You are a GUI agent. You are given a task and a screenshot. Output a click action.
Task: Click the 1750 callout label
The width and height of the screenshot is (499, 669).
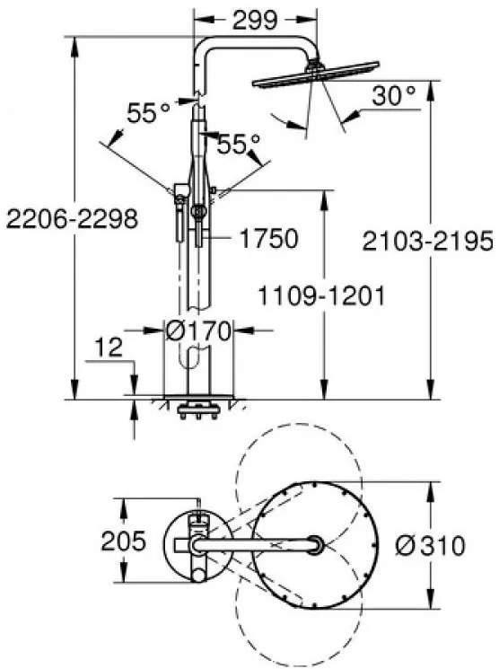(267, 239)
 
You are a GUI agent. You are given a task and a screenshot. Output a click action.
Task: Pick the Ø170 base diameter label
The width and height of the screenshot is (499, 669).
(198, 331)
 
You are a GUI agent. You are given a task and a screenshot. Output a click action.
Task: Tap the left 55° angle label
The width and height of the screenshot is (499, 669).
(147, 113)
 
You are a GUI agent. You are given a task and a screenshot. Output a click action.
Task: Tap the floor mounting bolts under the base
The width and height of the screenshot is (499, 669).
(197, 413)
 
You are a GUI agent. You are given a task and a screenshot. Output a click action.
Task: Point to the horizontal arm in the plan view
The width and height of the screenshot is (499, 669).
(256, 544)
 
